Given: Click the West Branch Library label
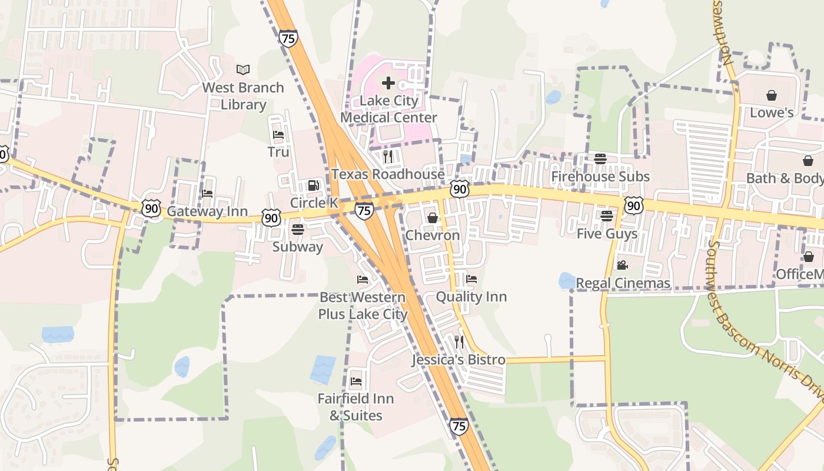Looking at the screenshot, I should click(x=243, y=96).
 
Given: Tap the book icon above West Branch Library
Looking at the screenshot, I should click(x=243, y=70).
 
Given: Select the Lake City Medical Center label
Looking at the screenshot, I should click(x=388, y=109).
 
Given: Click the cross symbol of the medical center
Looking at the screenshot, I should click(x=388, y=83).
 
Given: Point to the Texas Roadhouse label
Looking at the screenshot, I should click(x=388, y=174).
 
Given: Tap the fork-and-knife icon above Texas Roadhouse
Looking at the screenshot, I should click(x=388, y=156).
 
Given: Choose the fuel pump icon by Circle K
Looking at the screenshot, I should click(x=314, y=185).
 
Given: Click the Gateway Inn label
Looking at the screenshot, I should click(x=207, y=211).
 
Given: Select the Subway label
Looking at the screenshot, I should click(x=297, y=247).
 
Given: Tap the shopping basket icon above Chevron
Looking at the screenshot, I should click(x=433, y=218).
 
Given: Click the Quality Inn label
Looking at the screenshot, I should click(x=471, y=297).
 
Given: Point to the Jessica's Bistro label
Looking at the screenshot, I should click(x=458, y=360).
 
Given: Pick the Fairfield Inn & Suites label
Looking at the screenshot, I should click(x=355, y=407).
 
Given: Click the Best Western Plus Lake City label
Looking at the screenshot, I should click(x=363, y=306).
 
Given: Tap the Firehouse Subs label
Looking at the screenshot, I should click(x=600, y=177).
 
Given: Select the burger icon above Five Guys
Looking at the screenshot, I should click(x=607, y=215).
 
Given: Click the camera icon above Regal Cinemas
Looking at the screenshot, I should click(x=622, y=265).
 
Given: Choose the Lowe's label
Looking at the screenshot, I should click(x=772, y=112).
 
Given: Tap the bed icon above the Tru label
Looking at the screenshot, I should click(x=278, y=135).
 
